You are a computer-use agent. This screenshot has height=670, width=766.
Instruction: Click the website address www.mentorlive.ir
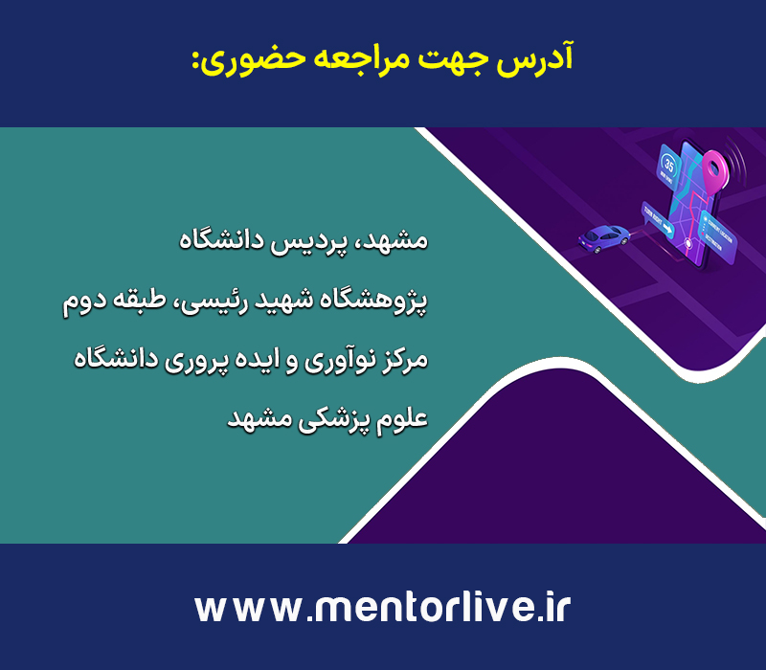(382, 608)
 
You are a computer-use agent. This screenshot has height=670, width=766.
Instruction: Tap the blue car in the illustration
(604, 237)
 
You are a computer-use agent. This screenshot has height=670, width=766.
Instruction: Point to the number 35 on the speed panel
(669, 166)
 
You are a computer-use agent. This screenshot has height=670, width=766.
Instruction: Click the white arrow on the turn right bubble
(667, 229)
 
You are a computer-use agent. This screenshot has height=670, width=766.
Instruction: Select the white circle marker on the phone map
(688, 243)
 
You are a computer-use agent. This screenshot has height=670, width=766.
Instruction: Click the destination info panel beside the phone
(717, 236)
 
